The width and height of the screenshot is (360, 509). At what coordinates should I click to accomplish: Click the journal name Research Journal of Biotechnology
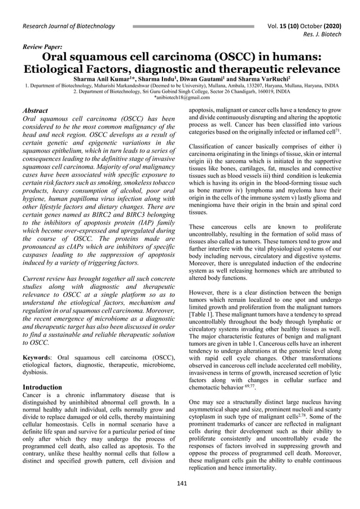click(x=68, y=26)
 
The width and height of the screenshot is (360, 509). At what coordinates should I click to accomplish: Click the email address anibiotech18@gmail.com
click(x=180, y=97)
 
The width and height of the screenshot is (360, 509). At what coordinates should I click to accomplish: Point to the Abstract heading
click(x=34, y=111)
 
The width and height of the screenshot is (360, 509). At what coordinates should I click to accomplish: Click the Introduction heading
click(x=42, y=387)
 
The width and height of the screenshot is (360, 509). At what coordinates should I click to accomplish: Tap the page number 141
click(x=182, y=483)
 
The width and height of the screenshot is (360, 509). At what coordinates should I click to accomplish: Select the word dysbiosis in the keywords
click(x=36, y=373)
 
